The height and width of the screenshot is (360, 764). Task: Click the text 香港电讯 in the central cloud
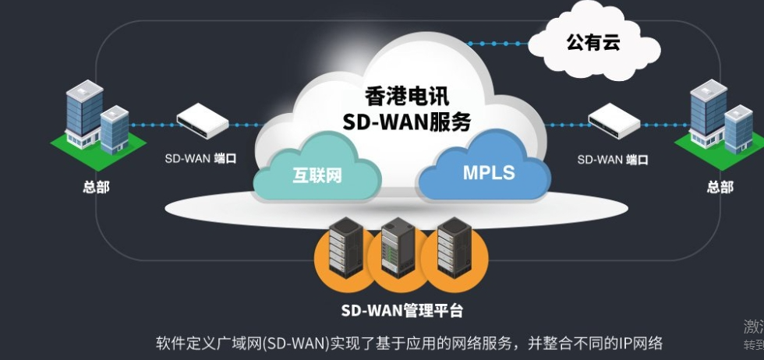pyautogui.click(x=407, y=96)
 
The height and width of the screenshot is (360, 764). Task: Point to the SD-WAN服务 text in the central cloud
pyautogui.click(x=407, y=122)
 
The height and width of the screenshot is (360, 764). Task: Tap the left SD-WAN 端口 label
pyautogui.click(x=200, y=159)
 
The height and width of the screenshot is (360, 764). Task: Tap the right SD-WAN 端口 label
pyautogui.click(x=612, y=160)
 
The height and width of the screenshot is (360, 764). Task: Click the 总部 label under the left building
pyautogui.click(x=96, y=187)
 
